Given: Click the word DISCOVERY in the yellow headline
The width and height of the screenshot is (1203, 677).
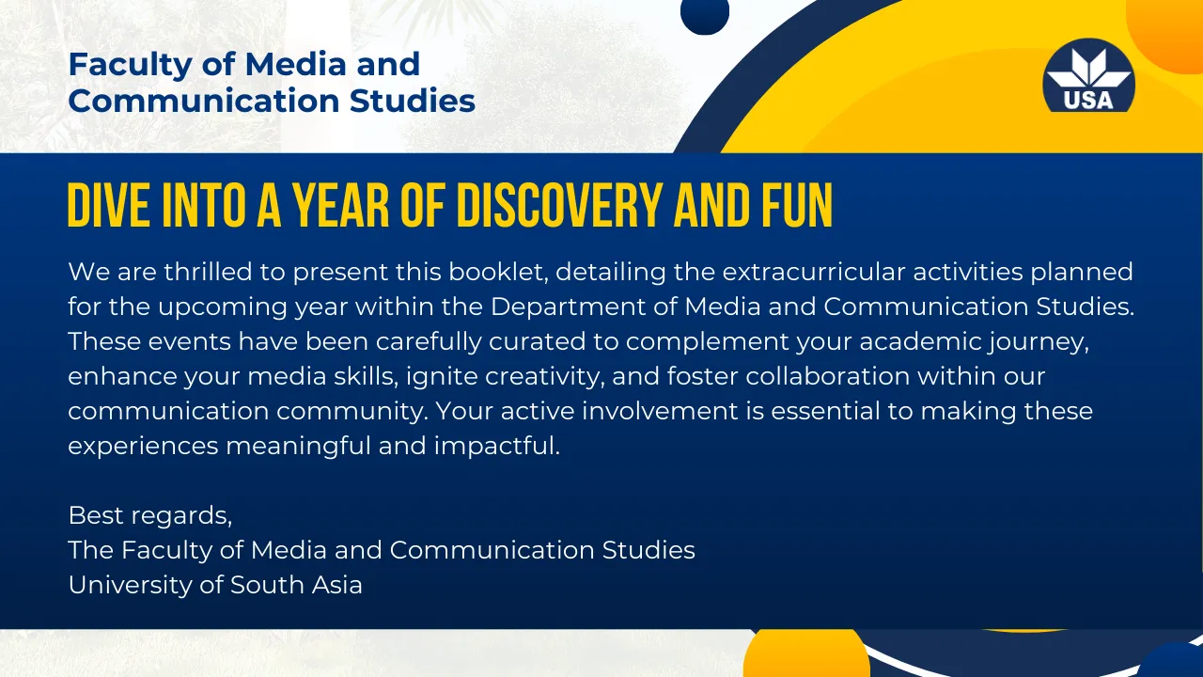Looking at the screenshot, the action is click(558, 205).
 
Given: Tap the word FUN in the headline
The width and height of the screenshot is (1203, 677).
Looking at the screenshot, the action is click(797, 205).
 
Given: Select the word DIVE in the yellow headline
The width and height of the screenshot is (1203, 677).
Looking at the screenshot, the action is click(109, 205).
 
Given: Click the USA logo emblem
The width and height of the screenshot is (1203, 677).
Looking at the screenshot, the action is click(1088, 75).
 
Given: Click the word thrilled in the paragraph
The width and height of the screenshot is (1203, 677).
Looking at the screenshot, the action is click(208, 272).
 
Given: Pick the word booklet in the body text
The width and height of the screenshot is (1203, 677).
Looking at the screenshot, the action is click(498, 272).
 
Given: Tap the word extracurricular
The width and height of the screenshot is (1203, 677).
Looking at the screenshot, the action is click(814, 272).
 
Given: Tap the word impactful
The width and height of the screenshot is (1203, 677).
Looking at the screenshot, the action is click(497, 447).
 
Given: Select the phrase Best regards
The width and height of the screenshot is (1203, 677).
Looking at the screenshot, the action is click(149, 516).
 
